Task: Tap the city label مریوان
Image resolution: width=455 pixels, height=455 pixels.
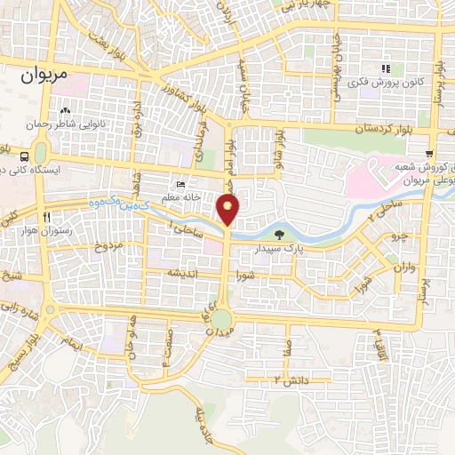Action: (x=41, y=77)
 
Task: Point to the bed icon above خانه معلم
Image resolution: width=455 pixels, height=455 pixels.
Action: (x=181, y=184)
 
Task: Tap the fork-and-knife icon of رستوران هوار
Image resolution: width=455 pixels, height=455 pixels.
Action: (x=44, y=216)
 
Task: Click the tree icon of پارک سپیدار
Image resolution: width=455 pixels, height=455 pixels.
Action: (x=281, y=235)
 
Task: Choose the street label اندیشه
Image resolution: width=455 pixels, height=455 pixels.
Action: (x=182, y=273)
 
